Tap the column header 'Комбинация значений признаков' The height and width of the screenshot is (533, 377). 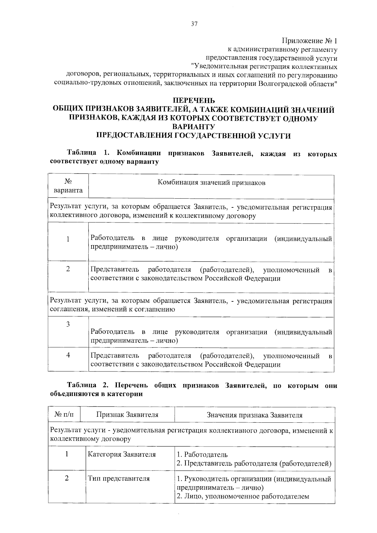coord(211,183)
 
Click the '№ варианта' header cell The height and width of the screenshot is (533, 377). coord(68,186)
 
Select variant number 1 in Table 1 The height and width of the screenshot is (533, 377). coord(68,239)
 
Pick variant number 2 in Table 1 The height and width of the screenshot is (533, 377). coord(68,269)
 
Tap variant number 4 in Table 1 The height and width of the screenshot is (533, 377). coord(68,355)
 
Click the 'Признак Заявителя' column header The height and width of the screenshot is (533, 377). coord(127,415)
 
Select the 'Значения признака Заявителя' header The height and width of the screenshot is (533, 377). coord(254,415)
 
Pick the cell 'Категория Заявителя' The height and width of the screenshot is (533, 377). coord(122,454)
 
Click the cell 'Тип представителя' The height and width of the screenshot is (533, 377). coord(119,479)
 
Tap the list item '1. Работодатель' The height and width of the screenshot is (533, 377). coord(202,454)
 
